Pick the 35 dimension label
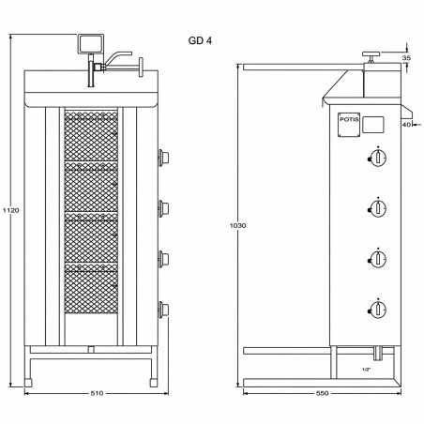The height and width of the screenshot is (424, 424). pos(405,58)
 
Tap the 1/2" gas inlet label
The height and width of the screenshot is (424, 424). pos(365,370)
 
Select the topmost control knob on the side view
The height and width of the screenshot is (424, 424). pos(378,159)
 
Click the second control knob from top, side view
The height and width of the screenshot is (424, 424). pos(378,208)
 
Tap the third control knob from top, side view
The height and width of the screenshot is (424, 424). pos(378,259)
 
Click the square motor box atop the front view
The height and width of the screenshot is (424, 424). pos(90,42)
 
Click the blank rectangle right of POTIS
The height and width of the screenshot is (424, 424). pos(372,123)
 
